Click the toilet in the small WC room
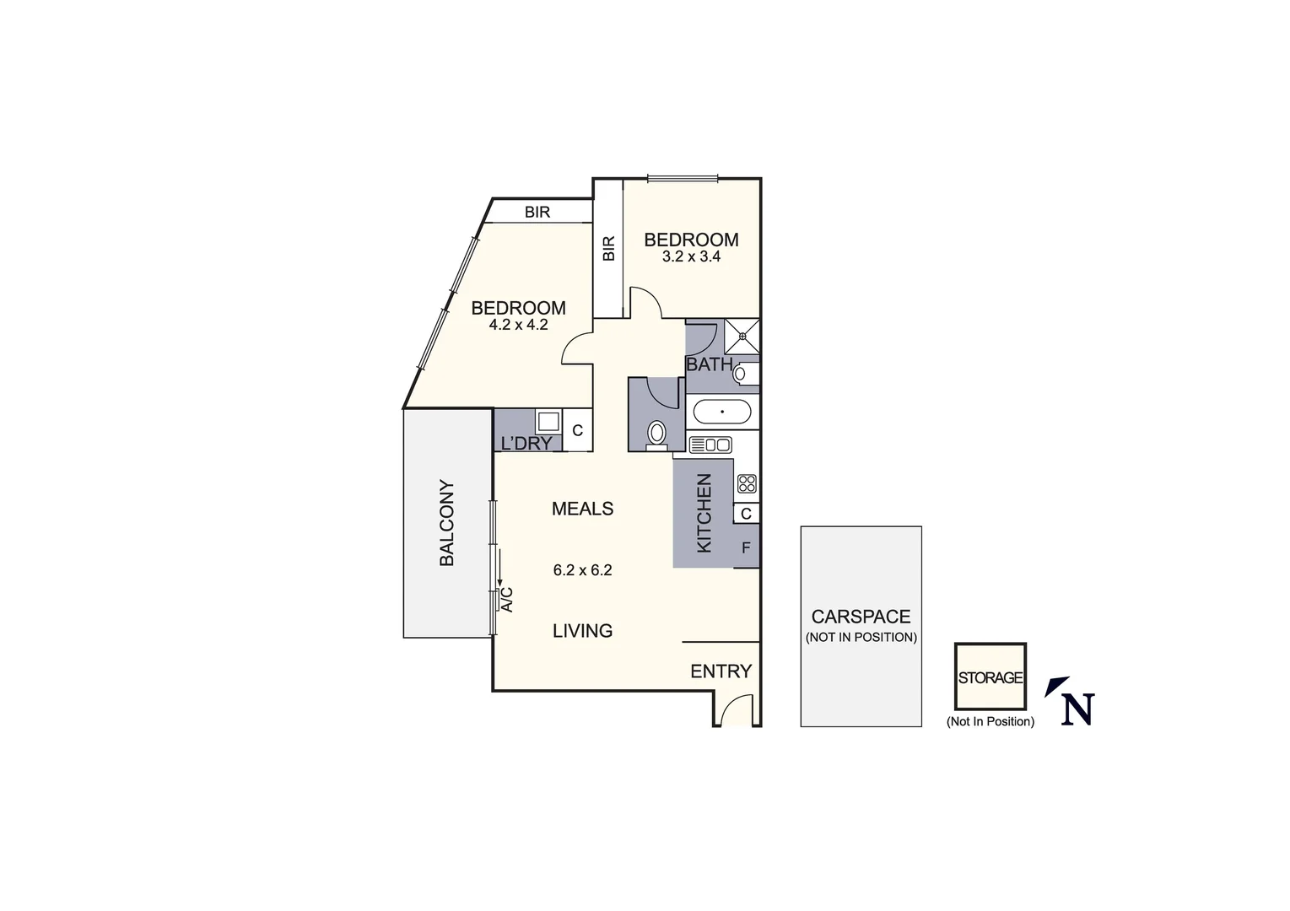[x=656, y=434]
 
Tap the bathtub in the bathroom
[x=721, y=412]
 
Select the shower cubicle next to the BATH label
[x=742, y=335]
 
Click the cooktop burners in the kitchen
[x=746, y=483]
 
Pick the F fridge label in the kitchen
[x=746, y=548]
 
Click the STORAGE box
[x=990, y=677]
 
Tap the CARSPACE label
[x=861, y=617]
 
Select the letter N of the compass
[x=1077, y=709]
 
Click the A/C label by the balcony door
[x=507, y=598]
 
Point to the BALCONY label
[x=446, y=523]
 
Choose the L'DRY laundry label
[x=526, y=443]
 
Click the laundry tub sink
[x=548, y=421]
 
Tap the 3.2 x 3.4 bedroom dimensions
[x=691, y=256]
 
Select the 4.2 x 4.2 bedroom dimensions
[x=518, y=324]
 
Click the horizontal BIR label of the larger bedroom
[x=537, y=212]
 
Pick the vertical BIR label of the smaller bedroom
[x=608, y=248]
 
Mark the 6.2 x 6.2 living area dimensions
[x=582, y=570]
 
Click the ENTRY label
[x=721, y=671]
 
